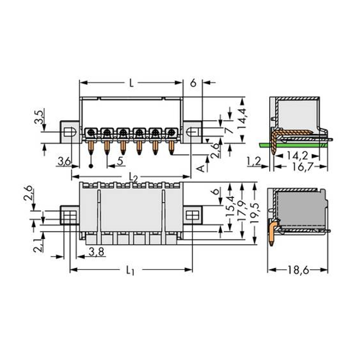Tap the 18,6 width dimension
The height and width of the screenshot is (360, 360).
click(298, 271)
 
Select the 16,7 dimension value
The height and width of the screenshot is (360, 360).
click(303, 166)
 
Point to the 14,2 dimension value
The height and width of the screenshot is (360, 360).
click(297, 156)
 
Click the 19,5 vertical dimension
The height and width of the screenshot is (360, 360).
click(254, 213)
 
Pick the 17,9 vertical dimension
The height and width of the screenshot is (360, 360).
click(243, 211)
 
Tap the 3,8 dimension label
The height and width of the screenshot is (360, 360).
click(96, 252)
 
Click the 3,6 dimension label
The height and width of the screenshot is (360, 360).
click(64, 161)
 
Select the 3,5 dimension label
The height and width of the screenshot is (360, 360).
click(39, 117)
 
